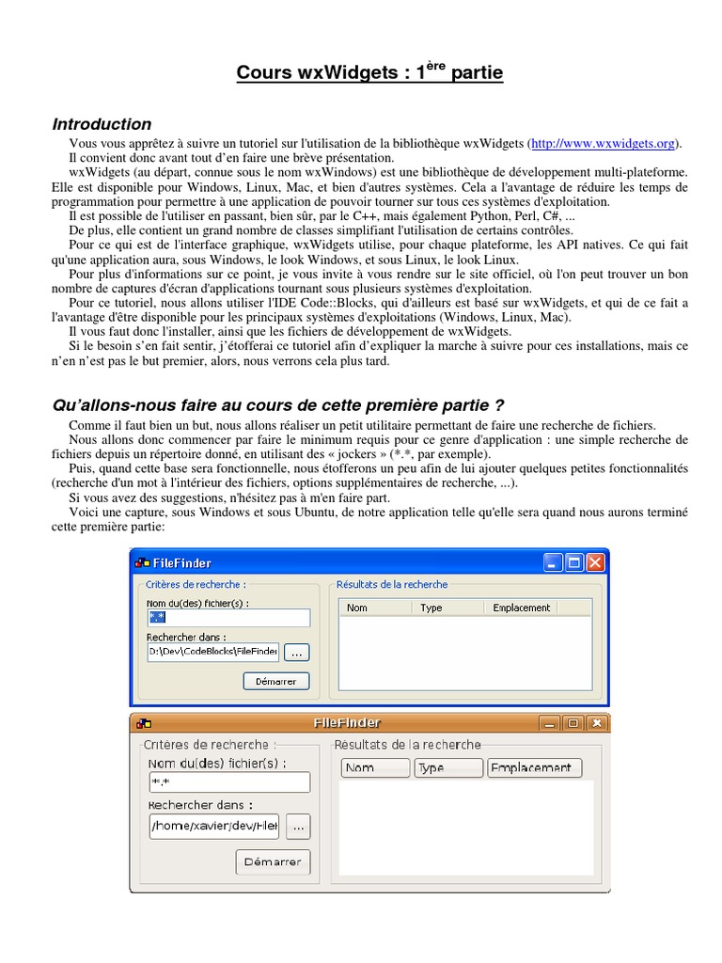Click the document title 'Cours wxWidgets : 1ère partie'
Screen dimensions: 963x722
click(x=369, y=73)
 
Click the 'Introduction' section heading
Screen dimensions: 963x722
click(x=102, y=124)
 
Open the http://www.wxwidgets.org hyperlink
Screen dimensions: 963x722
click(x=603, y=144)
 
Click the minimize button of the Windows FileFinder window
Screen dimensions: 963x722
click(x=553, y=562)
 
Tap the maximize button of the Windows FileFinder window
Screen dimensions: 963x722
click(x=574, y=562)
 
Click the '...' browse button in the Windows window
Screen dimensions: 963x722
click(x=295, y=652)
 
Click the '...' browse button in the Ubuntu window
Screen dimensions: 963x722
click(x=298, y=827)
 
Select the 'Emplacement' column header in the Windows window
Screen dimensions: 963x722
click(x=522, y=608)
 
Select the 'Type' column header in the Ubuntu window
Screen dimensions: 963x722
click(x=448, y=767)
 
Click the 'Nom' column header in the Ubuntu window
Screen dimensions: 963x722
click(x=374, y=767)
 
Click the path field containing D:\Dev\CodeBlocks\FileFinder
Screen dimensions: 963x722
click(x=213, y=651)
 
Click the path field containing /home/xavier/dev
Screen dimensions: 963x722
click(x=213, y=827)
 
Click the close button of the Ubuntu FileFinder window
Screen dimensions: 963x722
click(x=596, y=722)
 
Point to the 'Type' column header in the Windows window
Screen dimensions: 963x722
click(x=432, y=608)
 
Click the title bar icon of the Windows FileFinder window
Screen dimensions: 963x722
click(x=142, y=563)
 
